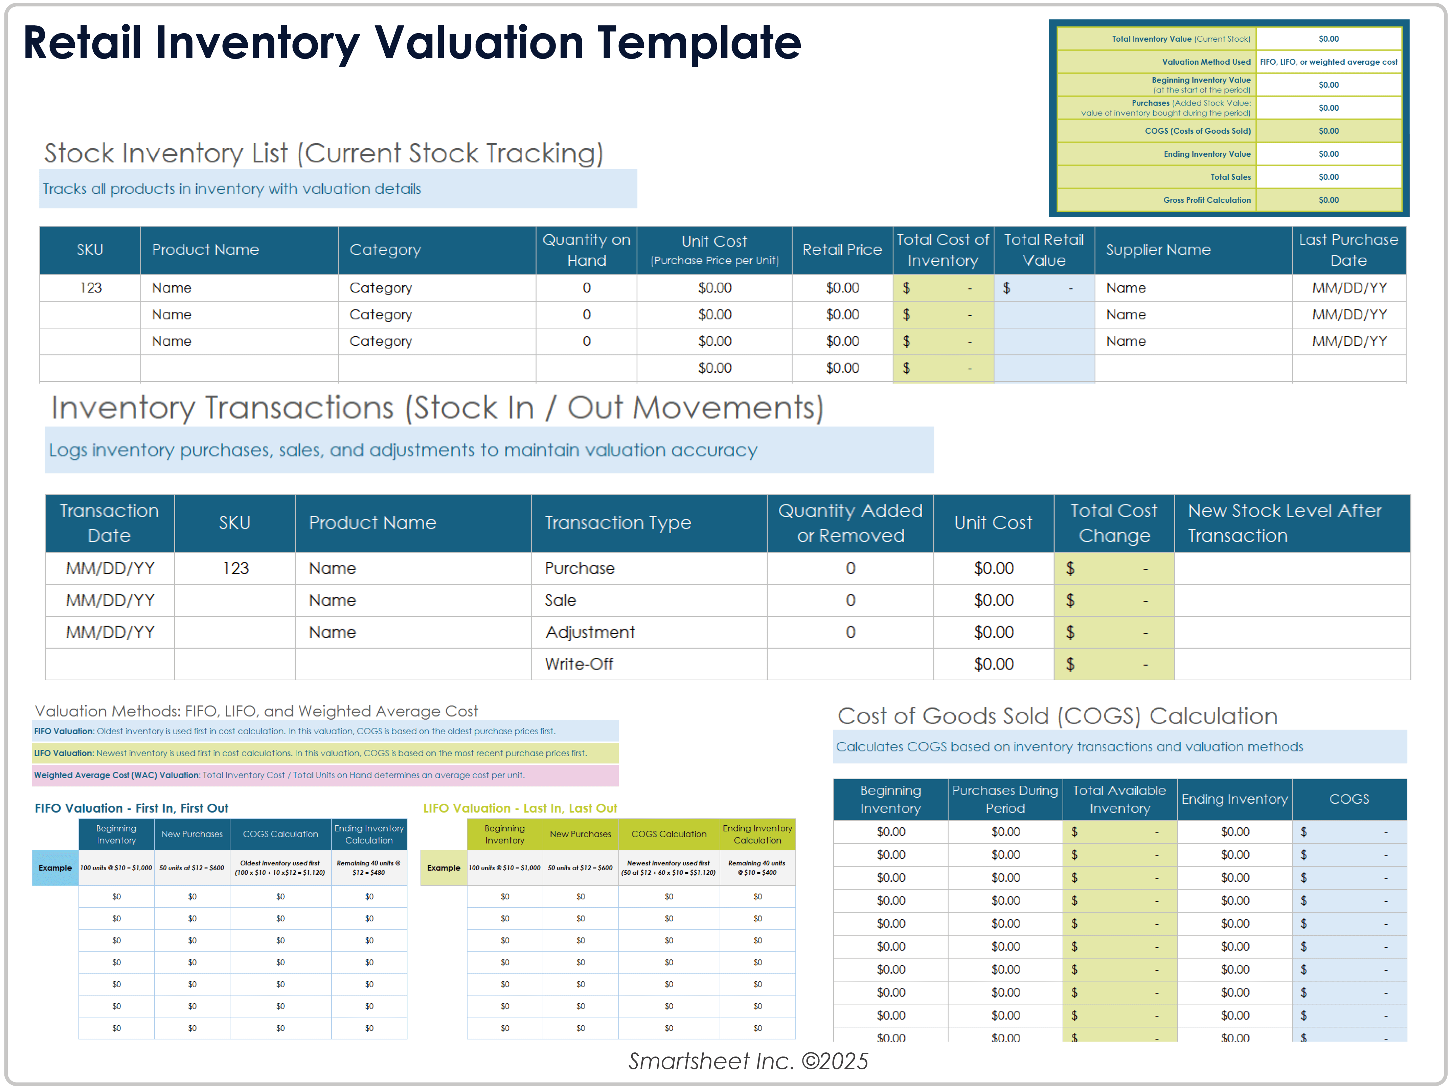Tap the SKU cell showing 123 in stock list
(x=91, y=288)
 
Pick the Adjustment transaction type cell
(x=589, y=632)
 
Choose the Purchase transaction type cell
(x=579, y=568)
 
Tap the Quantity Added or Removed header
(x=850, y=523)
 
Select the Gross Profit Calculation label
(x=1206, y=200)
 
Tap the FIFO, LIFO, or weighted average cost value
(x=1329, y=62)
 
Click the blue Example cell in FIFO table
(x=55, y=868)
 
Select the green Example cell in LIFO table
(x=444, y=868)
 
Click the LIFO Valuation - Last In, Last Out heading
(x=520, y=808)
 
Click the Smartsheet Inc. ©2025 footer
(x=748, y=1061)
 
